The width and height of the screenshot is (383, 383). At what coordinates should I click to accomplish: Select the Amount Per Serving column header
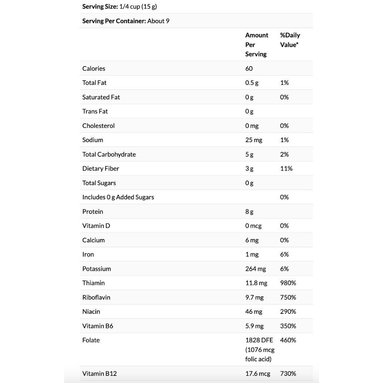click(x=257, y=45)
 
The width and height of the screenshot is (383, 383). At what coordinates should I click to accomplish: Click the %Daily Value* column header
click(x=290, y=40)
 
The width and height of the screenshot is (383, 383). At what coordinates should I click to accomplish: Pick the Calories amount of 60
click(x=249, y=68)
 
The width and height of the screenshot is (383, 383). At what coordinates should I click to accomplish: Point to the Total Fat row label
click(x=94, y=83)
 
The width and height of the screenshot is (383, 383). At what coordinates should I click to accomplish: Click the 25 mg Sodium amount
click(x=254, y=140)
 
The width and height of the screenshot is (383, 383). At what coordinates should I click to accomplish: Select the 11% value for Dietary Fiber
click(x=286, y=169)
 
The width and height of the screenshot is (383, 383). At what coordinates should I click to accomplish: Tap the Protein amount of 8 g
click(x=249, y=212)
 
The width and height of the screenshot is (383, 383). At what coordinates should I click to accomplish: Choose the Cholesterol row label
click(x=98, y=126)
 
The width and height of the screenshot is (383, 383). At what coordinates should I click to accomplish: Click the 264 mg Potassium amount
click(x=255, y=269)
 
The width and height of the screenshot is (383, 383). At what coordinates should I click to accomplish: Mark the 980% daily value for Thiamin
click(x=288, y=283)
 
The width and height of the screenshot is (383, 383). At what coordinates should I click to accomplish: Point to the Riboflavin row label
click(x=96, y=297)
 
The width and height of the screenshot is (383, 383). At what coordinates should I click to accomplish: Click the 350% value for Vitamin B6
click(x=288, y=326)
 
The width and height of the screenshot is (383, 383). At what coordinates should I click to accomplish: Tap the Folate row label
click(x=91, y=340)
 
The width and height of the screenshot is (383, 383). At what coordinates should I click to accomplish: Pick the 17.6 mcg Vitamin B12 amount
click(x=258, y=374)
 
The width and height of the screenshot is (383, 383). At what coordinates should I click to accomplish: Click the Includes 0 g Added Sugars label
click(x=118, y=197)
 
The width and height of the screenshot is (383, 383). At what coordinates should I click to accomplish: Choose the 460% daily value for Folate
click(x=288, y=340)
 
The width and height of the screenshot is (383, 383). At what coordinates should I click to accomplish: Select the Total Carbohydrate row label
click(x=109, y=154)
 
